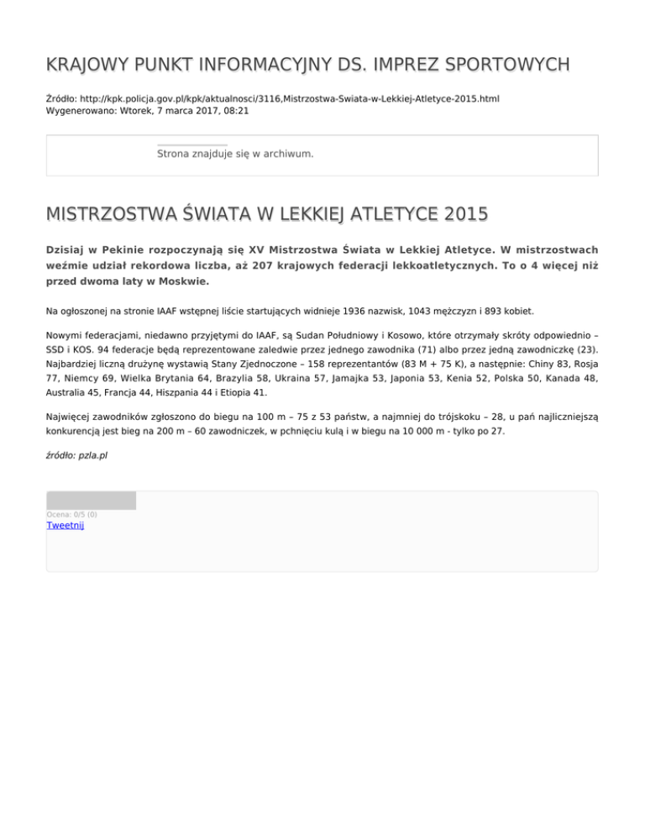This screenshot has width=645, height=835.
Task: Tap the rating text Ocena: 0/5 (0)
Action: coord(71,514)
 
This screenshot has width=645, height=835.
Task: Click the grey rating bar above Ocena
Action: coord(91,501)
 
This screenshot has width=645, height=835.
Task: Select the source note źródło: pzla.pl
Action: coord(76,455)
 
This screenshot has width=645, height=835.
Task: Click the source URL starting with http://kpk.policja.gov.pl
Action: coord(286,98)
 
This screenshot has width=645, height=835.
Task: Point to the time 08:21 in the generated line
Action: coord(235,110)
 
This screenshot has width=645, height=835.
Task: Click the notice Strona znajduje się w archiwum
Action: coord(235,155)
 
